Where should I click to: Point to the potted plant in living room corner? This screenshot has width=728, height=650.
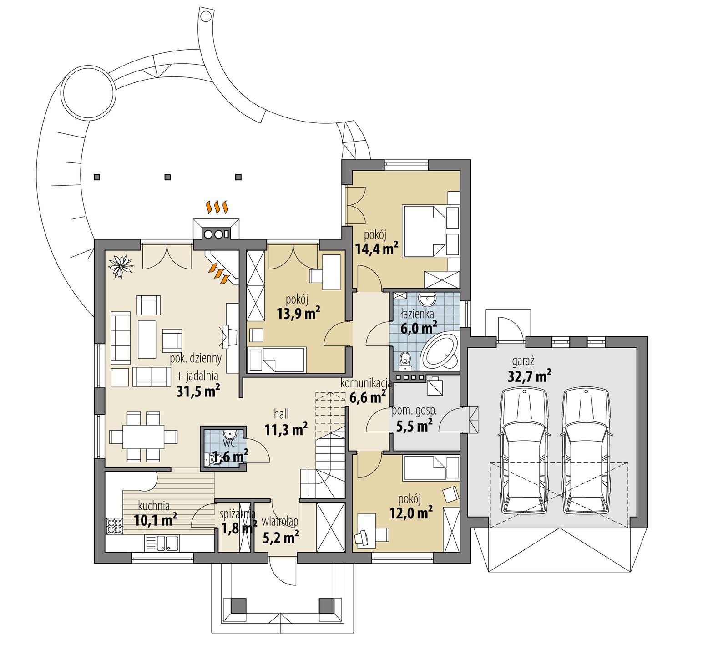(x=121, y=265)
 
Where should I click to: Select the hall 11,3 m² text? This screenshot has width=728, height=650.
(x=285, y=422)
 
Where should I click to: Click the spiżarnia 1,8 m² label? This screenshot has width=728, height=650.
(x=237, y=521)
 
